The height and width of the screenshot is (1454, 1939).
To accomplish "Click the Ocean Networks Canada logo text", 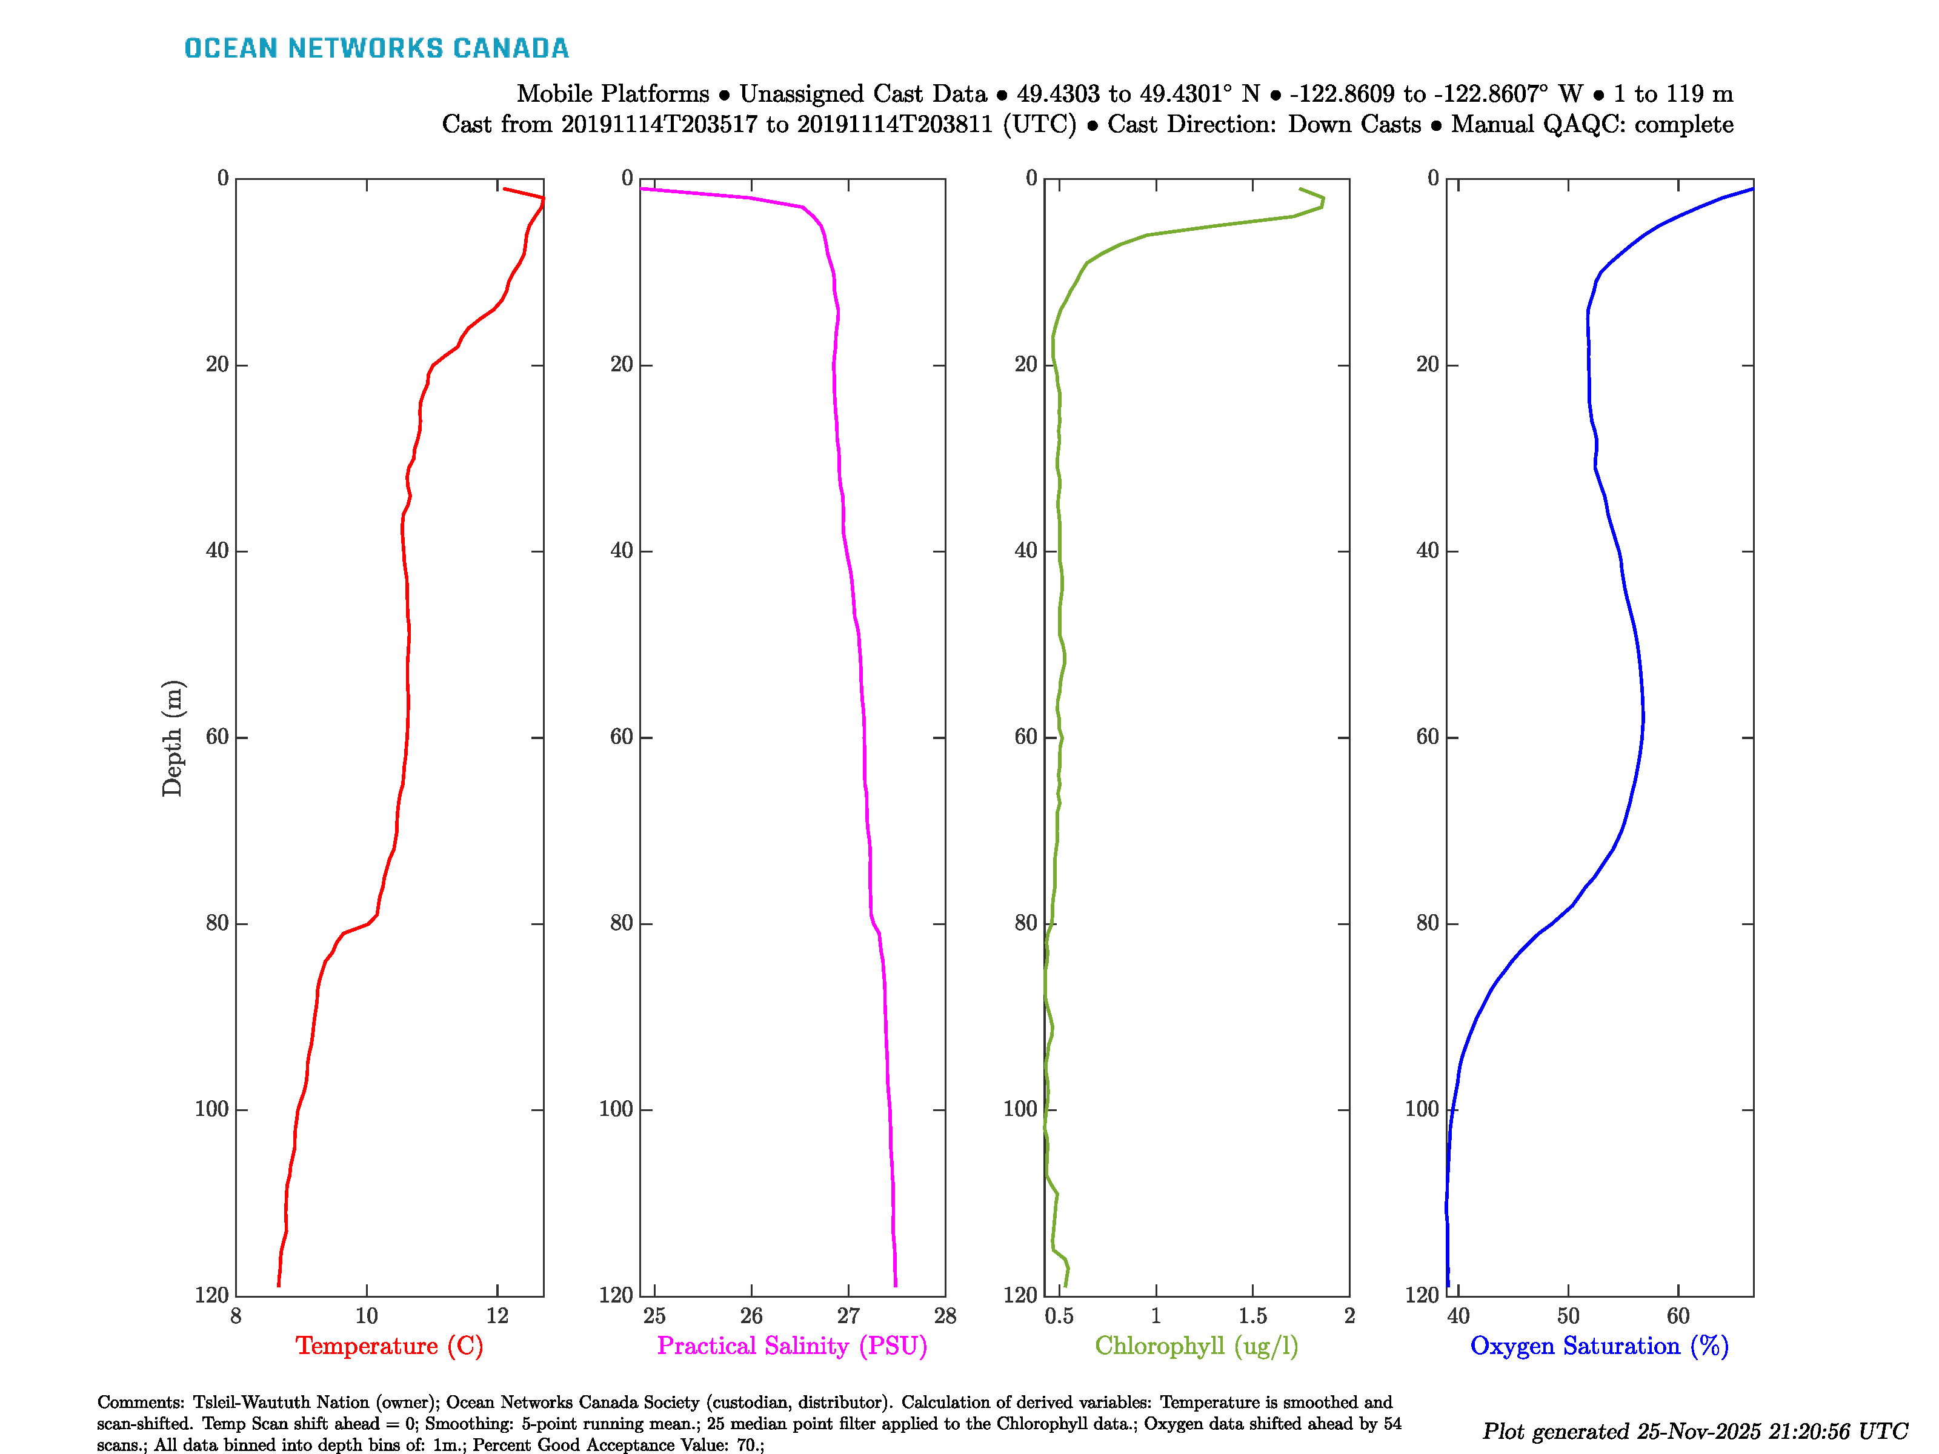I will (376, 48).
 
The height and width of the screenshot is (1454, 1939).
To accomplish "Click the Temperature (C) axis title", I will (389, 1346).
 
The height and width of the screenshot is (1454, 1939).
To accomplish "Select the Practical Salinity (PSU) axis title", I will (791, 1346).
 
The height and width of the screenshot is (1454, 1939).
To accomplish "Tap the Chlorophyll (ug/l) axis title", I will (1196, 1346).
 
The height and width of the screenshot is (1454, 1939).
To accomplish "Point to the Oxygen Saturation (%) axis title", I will (1599, 1346).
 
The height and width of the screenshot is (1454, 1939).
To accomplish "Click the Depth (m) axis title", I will (172, 738).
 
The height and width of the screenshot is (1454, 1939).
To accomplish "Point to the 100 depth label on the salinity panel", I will (616, 1109).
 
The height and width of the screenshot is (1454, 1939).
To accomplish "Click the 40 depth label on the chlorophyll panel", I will (1026, 551).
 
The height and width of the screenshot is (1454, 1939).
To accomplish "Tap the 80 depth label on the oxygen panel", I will (1428, 924).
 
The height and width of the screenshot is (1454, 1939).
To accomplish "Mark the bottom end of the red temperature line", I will (279, 1286).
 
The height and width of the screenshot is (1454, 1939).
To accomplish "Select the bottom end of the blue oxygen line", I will (1448, 1286).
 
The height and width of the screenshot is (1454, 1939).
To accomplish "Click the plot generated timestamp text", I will (1694, 1431).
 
